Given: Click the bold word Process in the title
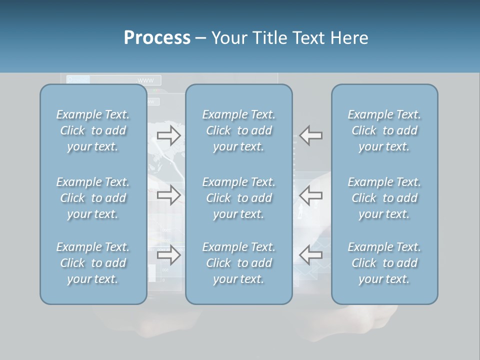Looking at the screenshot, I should click(157, 38).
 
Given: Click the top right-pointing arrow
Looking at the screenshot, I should click(168, 135).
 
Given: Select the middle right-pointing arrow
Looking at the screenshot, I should click(168, 195).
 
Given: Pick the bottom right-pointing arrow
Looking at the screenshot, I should click(168, 255).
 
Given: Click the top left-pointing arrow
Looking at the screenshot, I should click(311, 135).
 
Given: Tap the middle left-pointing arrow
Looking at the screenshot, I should click(311, 195).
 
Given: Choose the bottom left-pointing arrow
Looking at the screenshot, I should click(311, 255).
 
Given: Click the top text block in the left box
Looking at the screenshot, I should click(93, 130).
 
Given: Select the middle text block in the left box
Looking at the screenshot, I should click(93, 198).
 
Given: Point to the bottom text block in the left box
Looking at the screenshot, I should click(93, 263).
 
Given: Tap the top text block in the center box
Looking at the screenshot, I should click(238, 130).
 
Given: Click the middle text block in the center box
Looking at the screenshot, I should click(238, 198).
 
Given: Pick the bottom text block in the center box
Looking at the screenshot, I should click(238, 263).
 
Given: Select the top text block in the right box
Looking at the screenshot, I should click(384, 130).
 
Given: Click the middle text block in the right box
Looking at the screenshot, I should click(384, 198).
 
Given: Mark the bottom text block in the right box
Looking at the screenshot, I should click(384, 263).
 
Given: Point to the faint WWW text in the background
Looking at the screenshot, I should click(145, 80).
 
